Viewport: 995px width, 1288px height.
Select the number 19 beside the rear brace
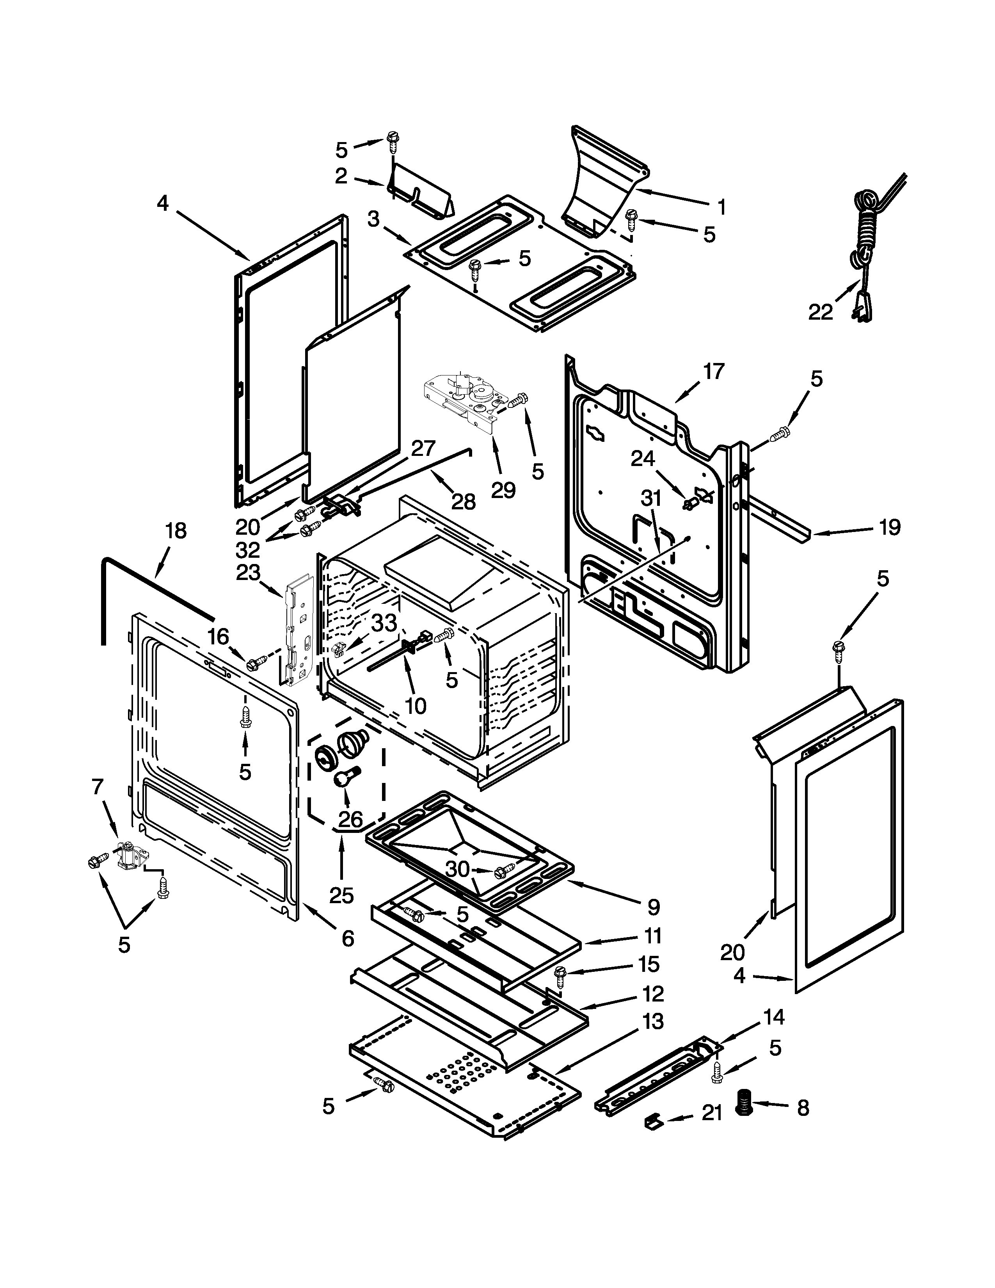pyautogui.click(x=890, y=527)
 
